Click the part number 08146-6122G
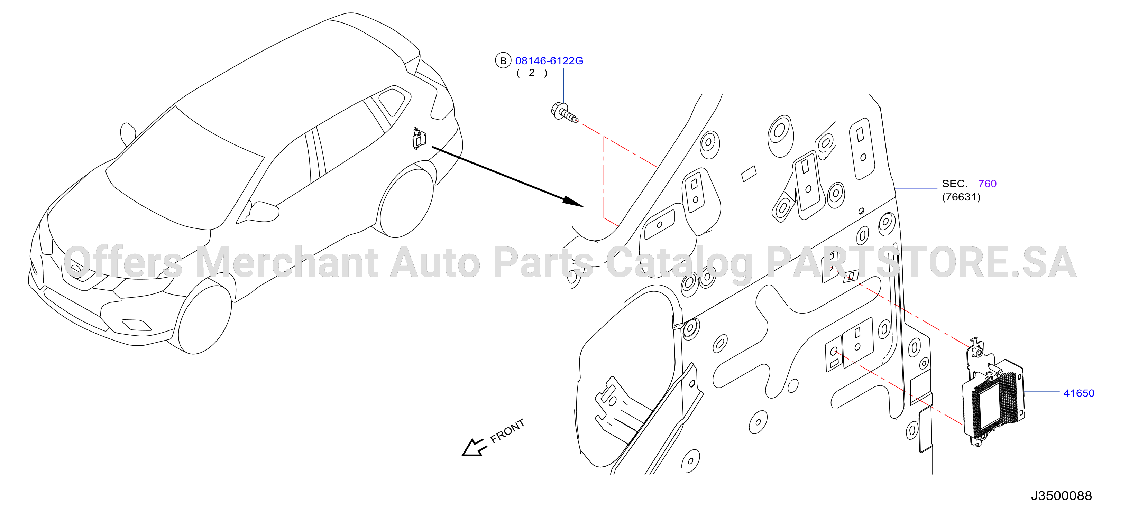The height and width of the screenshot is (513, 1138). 549,61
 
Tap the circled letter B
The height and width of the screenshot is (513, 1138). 503,60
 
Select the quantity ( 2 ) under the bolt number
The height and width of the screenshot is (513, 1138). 532,73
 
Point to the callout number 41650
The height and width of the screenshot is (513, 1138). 1079,393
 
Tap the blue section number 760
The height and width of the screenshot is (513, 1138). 987,184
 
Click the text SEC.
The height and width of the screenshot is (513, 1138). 955,184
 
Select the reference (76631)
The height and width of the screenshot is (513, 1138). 961,197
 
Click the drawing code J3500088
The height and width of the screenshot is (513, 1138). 1061,496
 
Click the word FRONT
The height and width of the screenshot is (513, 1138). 507,430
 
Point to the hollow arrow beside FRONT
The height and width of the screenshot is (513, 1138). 474,448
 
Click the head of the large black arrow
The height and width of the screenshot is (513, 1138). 573,202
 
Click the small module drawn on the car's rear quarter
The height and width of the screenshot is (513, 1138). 418,138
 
